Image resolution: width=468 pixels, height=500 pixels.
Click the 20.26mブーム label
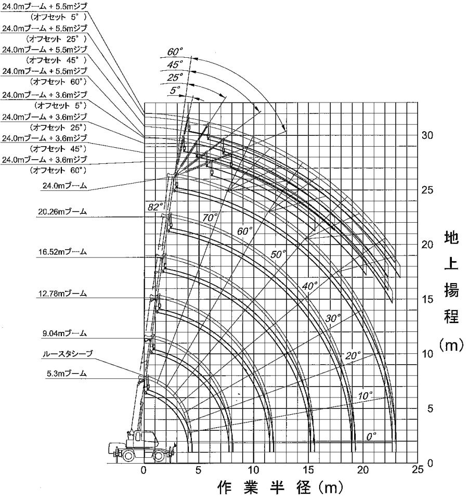[62, 212]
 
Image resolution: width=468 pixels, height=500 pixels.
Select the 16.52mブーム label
[62, 252]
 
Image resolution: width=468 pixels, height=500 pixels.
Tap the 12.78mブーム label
[62, 293]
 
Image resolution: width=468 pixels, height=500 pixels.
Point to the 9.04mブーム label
[64, 334]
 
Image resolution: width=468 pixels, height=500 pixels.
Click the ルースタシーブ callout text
[67, 353]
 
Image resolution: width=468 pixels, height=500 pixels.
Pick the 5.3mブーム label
[67, 373]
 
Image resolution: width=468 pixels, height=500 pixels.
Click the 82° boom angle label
[155, 207]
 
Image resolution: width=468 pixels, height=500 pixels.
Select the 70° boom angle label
[211, 218]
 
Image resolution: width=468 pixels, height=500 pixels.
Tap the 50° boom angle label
[278, 254]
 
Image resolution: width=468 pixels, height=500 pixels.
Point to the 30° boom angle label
[333, 318]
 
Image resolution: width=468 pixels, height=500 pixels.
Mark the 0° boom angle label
[371, 436]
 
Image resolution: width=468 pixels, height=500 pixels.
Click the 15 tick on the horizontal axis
[308, 470]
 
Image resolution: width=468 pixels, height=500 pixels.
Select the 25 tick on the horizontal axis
[418, 470]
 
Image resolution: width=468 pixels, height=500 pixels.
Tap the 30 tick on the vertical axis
[427, 135]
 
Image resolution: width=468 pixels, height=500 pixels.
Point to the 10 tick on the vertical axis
[427, 354]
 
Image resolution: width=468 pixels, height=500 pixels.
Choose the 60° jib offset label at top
[175, 52]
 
